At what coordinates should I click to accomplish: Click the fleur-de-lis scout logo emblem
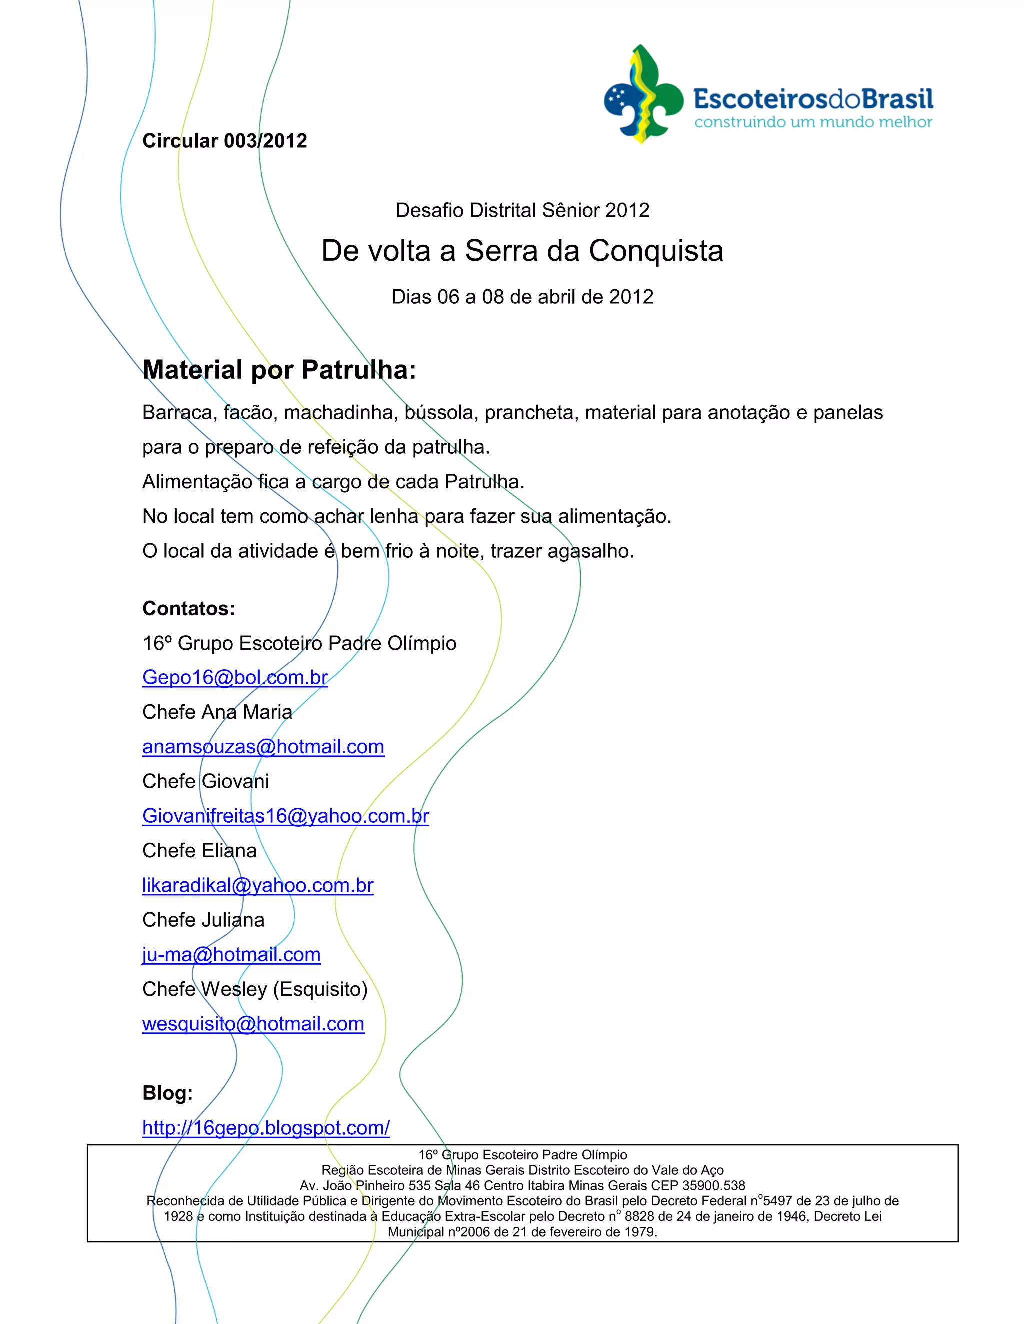click(x=643, y=94)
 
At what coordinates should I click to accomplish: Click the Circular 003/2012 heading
click(x=224, y=141)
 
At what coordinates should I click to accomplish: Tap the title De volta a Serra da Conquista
click(x=522, y=251)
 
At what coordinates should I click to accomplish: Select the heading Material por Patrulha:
click(x=279, y=370)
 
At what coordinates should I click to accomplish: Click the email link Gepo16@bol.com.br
click(x=235, y=678)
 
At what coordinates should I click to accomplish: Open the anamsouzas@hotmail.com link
click(x=263, y=747)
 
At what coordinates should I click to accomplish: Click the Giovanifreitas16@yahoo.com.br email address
click(x=285, y=816)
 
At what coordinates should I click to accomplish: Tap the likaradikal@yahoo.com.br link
click(x=258, y=886)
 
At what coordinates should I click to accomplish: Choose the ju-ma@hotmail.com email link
click(x=231, y=955)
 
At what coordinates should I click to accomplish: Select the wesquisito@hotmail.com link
click(x=253, y=1024)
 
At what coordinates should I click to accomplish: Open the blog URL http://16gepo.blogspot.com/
click(x=266, y=1128)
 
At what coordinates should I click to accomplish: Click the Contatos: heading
click(x=188, y=608)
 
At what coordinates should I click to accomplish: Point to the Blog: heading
click(x=167, y=1093)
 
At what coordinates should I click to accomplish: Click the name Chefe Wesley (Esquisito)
click(x=255, y=989)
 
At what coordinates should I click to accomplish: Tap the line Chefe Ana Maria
click(x=217, y=712)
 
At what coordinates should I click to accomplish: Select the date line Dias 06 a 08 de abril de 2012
click(x=522, y=297)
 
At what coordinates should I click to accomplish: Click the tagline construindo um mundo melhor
click(x=813, y=122)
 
